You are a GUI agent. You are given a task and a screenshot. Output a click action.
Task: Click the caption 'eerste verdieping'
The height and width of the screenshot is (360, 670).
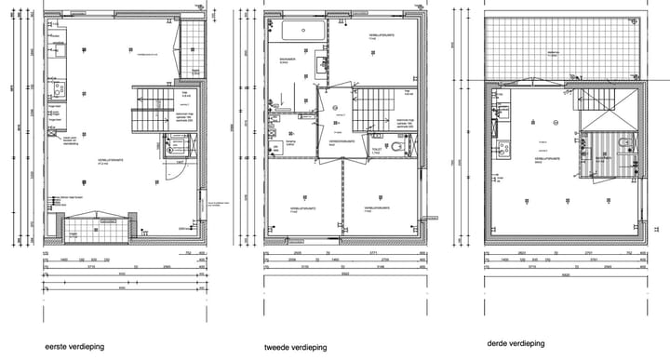(74, 347)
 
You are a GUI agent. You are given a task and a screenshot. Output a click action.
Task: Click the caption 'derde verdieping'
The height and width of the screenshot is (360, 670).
(514, 343)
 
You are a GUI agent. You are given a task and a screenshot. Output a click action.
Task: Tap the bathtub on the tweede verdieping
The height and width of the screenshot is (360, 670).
(303, 30)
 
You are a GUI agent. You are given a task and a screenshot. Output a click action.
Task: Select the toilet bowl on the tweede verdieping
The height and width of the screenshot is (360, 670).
(397, 148)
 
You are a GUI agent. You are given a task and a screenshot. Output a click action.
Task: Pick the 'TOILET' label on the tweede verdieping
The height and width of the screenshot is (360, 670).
(372, 148)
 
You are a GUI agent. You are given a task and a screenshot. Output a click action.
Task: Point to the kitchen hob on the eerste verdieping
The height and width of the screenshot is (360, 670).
(58, 90)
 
